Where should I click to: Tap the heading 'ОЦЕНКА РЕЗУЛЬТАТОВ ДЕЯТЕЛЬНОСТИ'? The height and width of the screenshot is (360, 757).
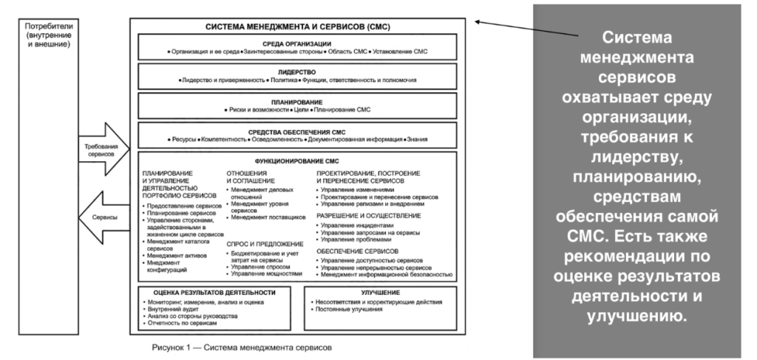209,293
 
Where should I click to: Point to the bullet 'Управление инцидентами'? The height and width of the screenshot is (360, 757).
354,225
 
